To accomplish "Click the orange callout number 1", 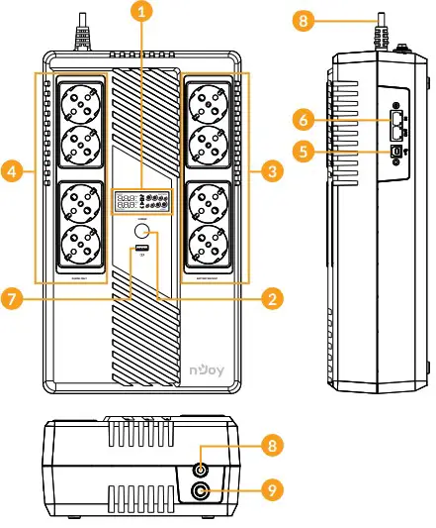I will point(144,13).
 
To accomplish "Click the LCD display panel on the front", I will point(144,202).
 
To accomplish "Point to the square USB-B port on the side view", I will point(397,151).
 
